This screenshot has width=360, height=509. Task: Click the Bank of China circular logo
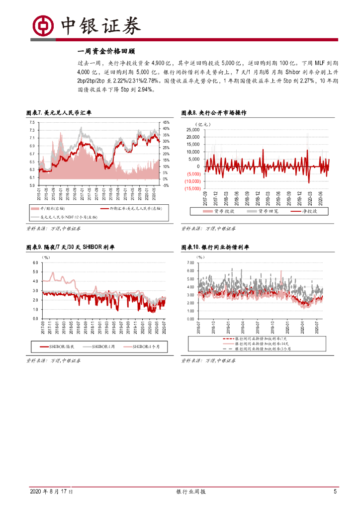point(44,25)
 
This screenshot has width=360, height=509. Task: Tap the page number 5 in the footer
point(335,492)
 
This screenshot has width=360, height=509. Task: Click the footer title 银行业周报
point(191,492)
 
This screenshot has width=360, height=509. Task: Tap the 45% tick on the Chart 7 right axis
point(166,122)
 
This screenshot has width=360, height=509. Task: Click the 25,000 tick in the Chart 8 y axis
point(192,130)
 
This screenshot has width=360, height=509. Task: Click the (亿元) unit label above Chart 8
point(203,123)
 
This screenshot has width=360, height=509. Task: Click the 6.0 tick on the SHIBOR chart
point(35,262)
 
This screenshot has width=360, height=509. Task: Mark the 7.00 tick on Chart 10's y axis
point(190,262)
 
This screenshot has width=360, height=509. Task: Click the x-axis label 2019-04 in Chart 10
point(243,329)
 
